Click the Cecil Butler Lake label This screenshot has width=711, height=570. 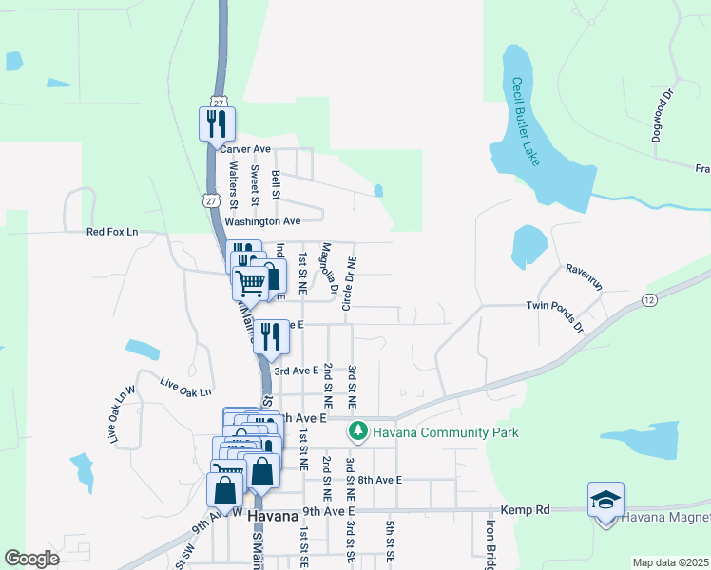pos(525,122)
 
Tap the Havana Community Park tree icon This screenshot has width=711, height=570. pos(357,432)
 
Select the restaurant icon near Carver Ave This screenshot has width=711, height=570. pos(216,123)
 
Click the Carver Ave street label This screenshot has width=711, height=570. pos(245,149)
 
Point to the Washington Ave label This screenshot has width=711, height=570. pos(268,220)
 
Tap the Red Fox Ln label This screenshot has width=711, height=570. pos(112,232)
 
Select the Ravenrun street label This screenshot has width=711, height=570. pos(585,269)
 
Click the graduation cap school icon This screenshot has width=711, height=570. pos(605,501)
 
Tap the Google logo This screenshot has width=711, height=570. pos(31,559)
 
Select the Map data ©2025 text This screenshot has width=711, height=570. pos(670,562)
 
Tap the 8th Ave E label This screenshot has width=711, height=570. pos(379,481)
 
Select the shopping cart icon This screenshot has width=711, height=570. pos(250,282)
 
